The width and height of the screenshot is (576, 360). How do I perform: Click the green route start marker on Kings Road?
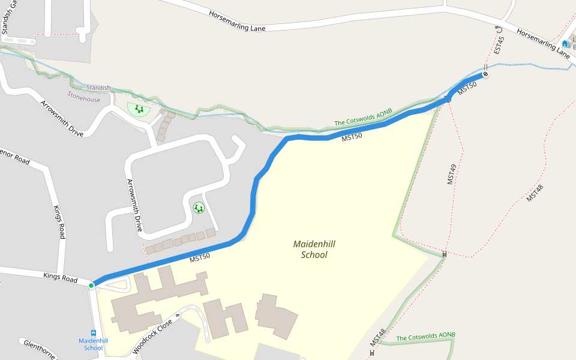[x=91, y=285]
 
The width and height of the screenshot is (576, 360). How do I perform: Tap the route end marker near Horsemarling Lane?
[x=485, y=74]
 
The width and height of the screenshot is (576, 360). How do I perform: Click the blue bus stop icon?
[x=94, y=333]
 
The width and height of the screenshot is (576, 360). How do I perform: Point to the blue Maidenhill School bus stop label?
[x=94, y=344]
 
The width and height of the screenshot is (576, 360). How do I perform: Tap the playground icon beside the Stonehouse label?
[x=139, y=109]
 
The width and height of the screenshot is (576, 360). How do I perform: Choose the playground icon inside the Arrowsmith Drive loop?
[x=199, y=208]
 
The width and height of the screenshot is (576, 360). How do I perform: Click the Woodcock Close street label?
[x=152, y=335]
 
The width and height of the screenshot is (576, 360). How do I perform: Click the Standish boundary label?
[x=98, y=88]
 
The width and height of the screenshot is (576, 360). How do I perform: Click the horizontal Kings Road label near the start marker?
[x=61, y=278]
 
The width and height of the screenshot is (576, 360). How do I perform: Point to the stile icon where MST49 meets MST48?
[x=445, y=254]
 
